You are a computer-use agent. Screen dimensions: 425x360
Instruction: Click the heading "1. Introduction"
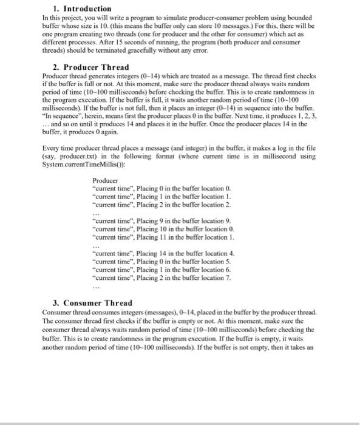click(73, 9)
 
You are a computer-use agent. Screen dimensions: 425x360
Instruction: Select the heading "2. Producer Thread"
click(91, 67)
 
